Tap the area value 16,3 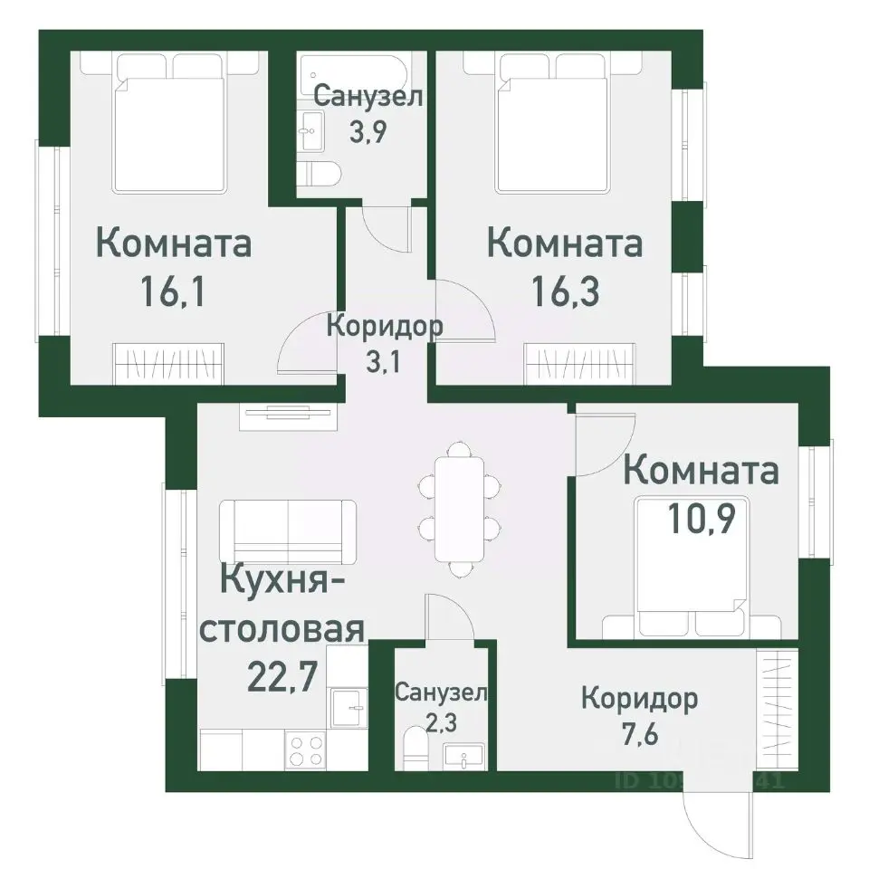tap(565, 291)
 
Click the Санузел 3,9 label tap(368, 113)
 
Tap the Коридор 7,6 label tap(639, 715)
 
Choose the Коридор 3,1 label tap(384, 341)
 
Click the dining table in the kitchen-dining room tap(458, 507)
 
